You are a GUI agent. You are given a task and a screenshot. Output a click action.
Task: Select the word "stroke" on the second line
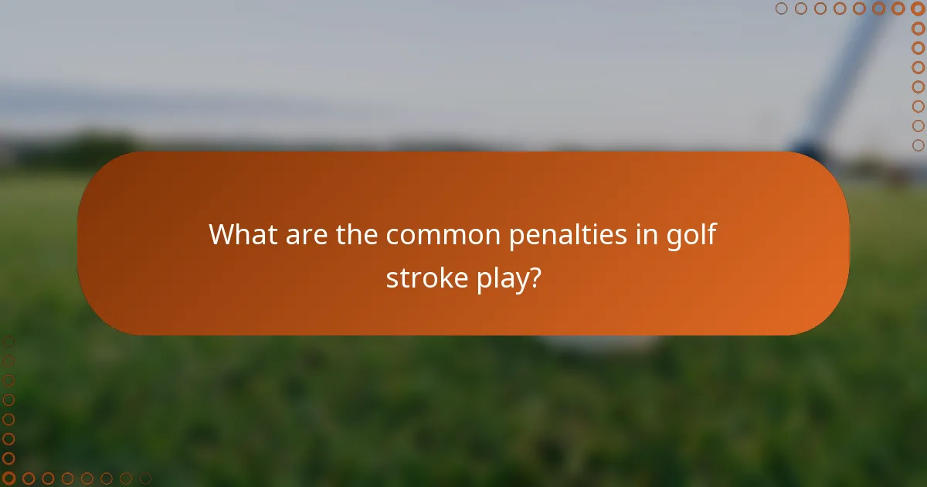[424, 278]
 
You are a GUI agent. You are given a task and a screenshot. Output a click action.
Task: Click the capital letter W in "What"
[222, 234]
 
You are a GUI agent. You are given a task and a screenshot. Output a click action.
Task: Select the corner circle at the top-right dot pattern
[918, 9]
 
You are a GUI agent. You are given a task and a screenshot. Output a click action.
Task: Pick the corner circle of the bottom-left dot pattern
[8, 478]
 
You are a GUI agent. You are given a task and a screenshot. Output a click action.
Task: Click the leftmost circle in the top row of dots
[782, 9]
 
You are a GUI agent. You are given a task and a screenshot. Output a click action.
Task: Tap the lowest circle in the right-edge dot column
[918, 145]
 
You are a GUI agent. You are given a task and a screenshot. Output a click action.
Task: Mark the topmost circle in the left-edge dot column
[8, 342]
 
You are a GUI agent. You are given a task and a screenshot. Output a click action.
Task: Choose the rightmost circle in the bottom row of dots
[145, 478]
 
